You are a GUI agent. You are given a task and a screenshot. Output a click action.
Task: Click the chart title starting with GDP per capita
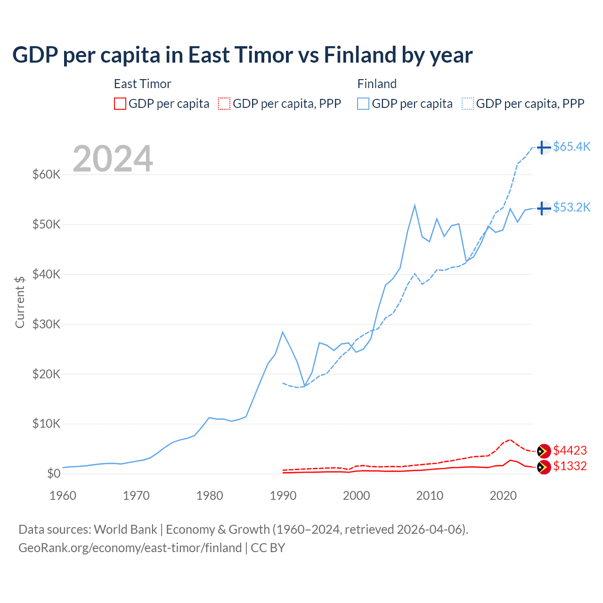(242, 55)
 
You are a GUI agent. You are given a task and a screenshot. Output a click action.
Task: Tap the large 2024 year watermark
(113, 159)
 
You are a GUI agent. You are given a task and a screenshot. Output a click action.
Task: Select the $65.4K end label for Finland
(571, 147)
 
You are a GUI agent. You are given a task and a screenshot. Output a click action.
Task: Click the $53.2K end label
(571, 207)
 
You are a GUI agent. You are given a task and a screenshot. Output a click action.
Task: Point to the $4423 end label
(570, 450)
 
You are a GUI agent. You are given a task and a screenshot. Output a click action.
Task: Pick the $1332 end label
(570, 466)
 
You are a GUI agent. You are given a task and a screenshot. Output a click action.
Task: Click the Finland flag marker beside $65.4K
(544, 147)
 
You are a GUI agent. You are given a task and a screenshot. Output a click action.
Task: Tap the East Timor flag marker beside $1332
(544, 467)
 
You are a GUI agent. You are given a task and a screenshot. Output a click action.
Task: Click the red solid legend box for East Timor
(120, 104)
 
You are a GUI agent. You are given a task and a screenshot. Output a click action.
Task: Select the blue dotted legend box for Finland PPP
(468, 104)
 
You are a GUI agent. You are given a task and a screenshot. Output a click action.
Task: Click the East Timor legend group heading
(142, 84)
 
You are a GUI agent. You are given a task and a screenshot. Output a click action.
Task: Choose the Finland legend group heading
(377, 84)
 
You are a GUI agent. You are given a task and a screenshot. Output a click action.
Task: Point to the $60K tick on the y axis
(46, 174)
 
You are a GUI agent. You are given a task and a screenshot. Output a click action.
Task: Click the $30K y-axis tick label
(46, 324)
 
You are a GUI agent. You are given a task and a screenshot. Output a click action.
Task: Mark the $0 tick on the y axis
(54, 473)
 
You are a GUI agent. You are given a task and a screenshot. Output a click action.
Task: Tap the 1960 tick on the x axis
(63, 496)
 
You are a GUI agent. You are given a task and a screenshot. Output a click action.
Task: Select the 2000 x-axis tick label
(357, 496)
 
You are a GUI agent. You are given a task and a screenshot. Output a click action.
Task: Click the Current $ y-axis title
(20, 301)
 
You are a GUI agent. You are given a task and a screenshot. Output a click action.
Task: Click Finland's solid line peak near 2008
(415, 205)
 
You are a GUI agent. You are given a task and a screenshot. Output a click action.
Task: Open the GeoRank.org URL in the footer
(130, 548)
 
